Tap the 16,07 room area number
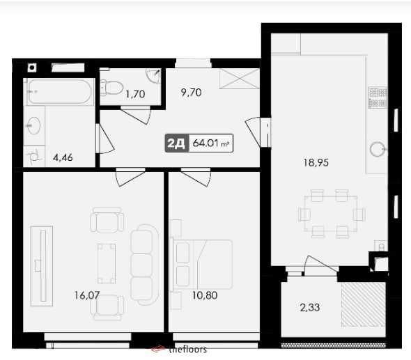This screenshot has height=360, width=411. point(86,295)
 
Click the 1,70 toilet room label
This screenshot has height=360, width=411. point(134,94)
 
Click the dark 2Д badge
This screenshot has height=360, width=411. point(176,144)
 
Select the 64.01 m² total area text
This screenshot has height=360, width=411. point(211,144)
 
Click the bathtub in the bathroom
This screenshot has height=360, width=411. point(59,92)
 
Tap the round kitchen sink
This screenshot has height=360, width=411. point(378,148)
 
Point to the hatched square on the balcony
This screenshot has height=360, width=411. point(363,304)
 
